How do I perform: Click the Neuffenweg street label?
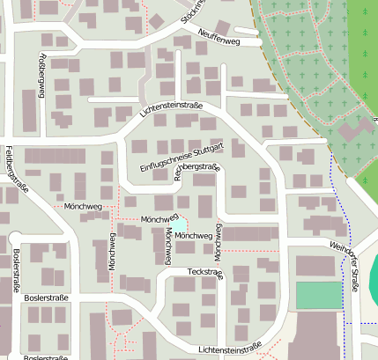(219, 36)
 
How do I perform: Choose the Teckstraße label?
(205, 274)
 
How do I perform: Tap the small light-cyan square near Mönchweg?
(179, 226)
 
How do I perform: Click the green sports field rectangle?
(317, 295)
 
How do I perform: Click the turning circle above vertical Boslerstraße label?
(14, 238)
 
